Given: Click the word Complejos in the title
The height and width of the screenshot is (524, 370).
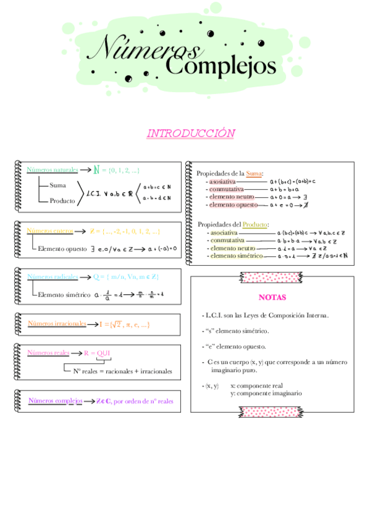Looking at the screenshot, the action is (x=221, y=65).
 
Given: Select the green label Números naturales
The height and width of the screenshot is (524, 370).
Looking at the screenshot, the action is (x=53, y=169).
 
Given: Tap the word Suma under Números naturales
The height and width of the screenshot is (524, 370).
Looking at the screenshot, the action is (x=57, y=185).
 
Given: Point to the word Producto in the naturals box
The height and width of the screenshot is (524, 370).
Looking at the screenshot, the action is (x=62, y=200).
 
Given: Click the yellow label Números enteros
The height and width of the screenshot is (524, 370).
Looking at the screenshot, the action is (x=50, y=231).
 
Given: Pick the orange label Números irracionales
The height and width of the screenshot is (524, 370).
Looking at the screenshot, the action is (x=57, y=323).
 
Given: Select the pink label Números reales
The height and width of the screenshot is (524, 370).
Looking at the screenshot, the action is (x=48, y=353).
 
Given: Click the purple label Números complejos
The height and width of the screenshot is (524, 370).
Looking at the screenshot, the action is (x=56, y=400).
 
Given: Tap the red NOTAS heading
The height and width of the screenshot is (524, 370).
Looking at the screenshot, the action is (x=272, y=297).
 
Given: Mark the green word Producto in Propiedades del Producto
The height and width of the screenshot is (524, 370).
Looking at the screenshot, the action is (x=255, y=224).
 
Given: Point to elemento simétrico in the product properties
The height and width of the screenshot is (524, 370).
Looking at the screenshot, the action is (x=237, y=255).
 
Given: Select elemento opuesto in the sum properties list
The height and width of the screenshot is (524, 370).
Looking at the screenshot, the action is (x=232, y=205).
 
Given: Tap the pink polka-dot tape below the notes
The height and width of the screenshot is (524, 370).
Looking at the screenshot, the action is (x=272, y=410).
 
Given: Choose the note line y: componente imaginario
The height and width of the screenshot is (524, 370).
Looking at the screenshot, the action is (x=266, y=393).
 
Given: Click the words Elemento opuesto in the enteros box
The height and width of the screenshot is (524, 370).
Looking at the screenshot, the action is (x=62, y=248).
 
